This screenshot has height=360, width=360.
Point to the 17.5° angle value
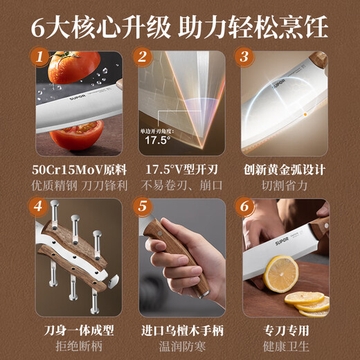(156, 139)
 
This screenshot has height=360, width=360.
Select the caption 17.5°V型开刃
(179, 168)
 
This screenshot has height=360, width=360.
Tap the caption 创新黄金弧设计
(284, 168)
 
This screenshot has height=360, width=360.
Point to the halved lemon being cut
(281, 273)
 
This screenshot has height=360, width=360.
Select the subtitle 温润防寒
(179, 344)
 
